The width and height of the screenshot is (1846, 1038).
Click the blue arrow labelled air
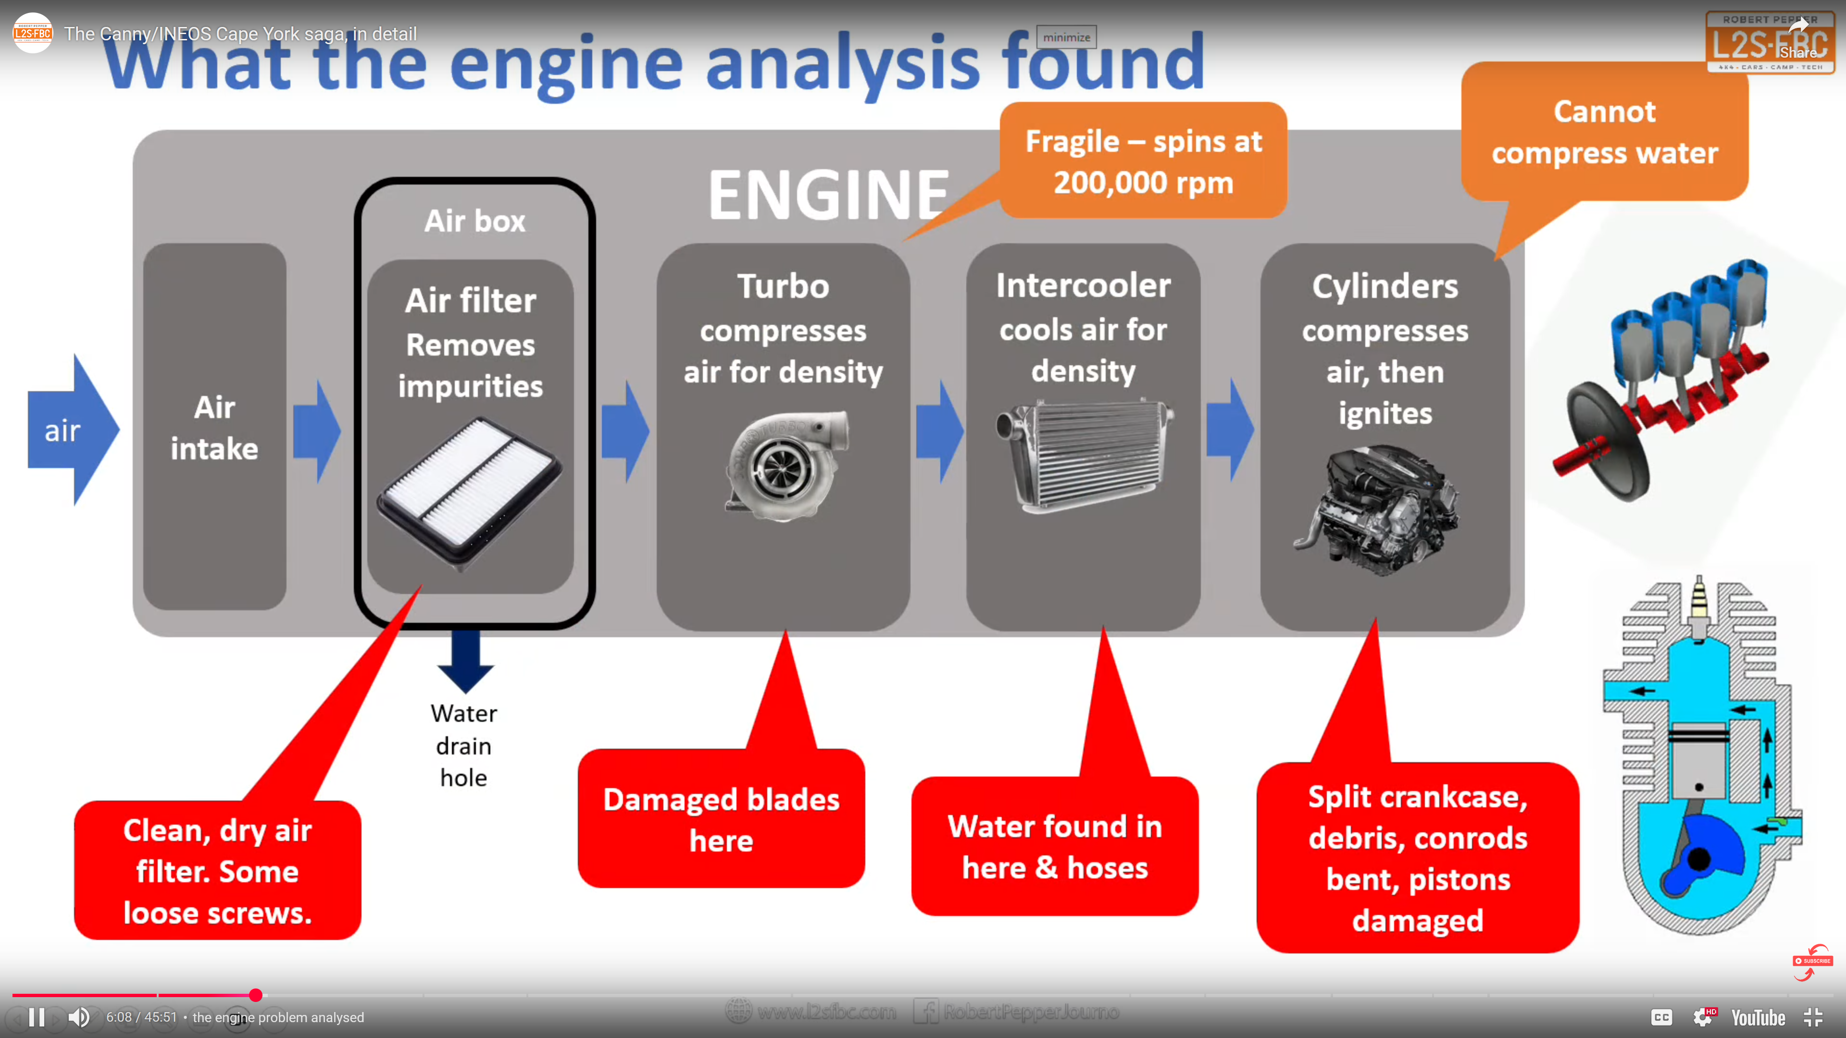pyautogui.click(x=68, y=430)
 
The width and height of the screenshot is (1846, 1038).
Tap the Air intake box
pyautogui.click(x=214, y=428)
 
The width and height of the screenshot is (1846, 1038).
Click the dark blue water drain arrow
pyautogui.click(x=466, y=660)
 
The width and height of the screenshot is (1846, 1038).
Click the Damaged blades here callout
pyautogui.click(x=721, y=819)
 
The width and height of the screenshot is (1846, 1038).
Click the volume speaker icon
pyautogui.click(x=79, y=1017)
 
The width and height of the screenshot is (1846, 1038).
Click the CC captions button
pyautogui.click(x=1661, y=1017)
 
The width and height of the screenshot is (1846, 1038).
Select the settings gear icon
pyautogui.click(x=1703, y=1017)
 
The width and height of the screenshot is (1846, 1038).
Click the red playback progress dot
pyautogui.click(x=256, y=995)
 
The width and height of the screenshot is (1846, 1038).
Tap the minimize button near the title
pyautogui.click(x=1066, y=37)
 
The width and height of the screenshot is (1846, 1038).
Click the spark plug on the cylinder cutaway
pyautogui.click(x=1698, y=606)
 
